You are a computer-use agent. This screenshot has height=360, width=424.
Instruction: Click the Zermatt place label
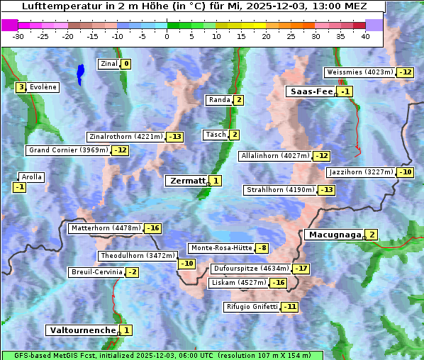coord(186,181)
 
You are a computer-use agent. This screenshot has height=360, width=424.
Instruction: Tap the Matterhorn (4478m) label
coord(106,228)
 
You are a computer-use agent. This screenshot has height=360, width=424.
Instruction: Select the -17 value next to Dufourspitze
coord(301,269)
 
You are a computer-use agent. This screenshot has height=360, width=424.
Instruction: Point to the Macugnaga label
coord(333,235)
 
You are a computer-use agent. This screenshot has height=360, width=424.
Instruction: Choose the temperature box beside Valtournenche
coord(125,330)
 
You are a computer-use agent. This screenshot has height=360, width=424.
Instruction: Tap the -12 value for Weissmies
coord(405,72)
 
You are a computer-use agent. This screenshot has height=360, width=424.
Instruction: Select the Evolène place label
coord(43,87)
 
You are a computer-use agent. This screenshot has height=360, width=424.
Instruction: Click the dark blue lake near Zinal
coord(80,71)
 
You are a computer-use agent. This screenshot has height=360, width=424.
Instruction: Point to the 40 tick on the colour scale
coord(365,36)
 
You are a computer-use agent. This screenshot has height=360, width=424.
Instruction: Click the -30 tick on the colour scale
coord(18,36)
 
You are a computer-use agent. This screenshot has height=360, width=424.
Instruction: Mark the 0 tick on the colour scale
coord(167,36)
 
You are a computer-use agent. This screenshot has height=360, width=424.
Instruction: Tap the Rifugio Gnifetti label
coord(252,307)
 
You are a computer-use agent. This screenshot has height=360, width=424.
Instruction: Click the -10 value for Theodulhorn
coord(186,264)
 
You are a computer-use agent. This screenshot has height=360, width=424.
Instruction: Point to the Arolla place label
coord(32,177)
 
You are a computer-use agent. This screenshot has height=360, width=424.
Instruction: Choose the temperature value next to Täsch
coord(234,135)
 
